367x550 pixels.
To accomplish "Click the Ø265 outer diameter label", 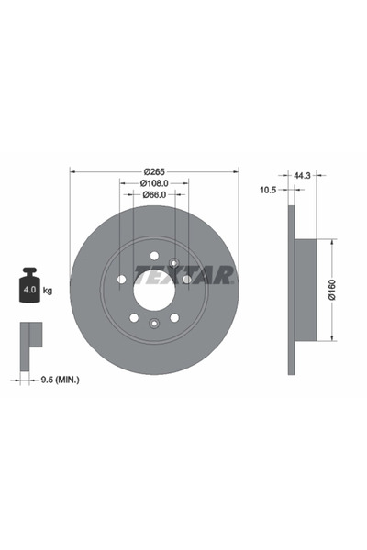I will [154, 172].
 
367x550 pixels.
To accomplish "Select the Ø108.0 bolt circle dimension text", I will [154, 183].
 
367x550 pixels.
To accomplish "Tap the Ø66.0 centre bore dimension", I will [154, 195].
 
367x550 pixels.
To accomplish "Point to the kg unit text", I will [47, 291].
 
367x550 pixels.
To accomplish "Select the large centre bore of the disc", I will [154, 290].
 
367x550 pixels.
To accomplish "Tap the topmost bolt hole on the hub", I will [154, 256].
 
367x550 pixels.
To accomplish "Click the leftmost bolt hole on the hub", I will [122, 279].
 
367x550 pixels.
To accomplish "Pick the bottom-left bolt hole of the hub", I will [134, 317].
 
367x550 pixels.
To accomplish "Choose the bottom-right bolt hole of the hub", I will [174, 317].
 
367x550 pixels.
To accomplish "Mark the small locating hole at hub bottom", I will [154, 322].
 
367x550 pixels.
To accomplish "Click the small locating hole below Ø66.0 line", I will [173, 263].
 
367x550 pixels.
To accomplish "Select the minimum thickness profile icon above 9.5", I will [31, 337].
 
